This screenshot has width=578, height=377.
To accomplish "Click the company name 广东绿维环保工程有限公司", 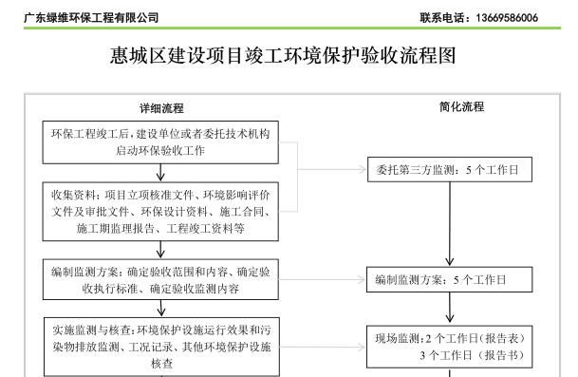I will [x=92, y=18].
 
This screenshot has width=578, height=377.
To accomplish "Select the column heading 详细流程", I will [x=161, y=107].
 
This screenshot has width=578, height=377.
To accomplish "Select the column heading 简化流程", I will [x=462, y=107].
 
